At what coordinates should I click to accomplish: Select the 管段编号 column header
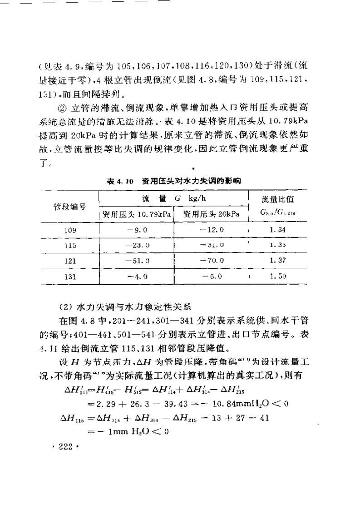click(x=70, y=207)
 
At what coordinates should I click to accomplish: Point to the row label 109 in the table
click(x=70, y=230)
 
